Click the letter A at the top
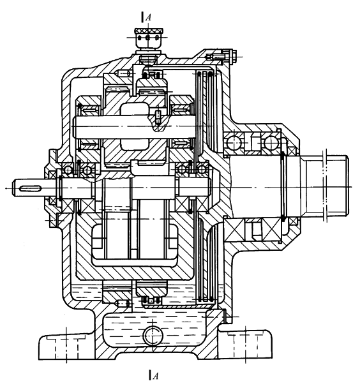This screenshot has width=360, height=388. (x=149, y=18)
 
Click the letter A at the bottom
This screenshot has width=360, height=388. (x=155, y=376)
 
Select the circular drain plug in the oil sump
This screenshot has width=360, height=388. (x=153, y=336)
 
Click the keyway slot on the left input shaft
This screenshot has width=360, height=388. (x=29, y=188)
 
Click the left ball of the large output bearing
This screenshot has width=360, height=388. (x=234, y=143)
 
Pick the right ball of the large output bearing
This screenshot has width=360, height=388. (x=271, y=143)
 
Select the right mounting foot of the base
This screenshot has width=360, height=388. (x=246, y=344)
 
